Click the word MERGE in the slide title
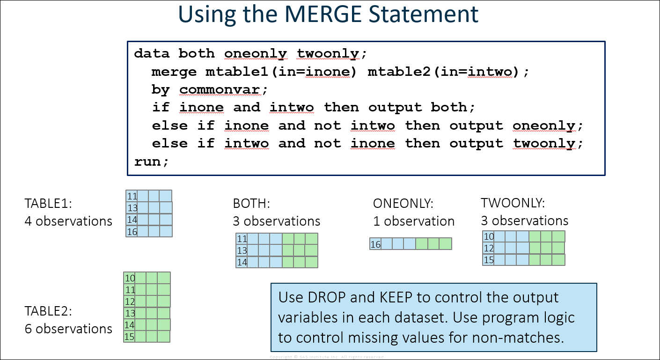pyautogui.click(x=323, y=14)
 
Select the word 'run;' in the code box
pyautogui.click(x=152, y=162)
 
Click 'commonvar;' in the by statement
pyautogui.click(x=223, y=90)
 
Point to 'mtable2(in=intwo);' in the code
pyautogui.click(x=448, y=72)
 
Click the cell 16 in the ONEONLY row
pyautogui.click(x=375, y=244)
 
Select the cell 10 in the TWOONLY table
pyautogui.click(x=489, y=236)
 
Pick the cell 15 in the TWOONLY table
pyautogui.click(x=489, y=260)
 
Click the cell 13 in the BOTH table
pyautogui.click(x=242, y=250)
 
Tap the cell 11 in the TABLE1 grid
pyautogui.click(x=132, y=196)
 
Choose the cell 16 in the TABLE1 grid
pyautogui.click(x=132, y=232)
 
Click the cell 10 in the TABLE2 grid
pyautogui.click(x=129, y=278)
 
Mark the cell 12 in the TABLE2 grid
pyautogui.click(x=129, y=301)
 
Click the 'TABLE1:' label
pyautogui.click(x=48, y=204)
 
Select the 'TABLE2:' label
pyautogui.click(x=48, y=311)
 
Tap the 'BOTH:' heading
pyautogui.click(x=251, y=204)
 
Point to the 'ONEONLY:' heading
pyautogui.click(x=403, y=204)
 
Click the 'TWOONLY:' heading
pyautogui.click(x=513, y=203)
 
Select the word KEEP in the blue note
pyautogui.click(x=396, y=297)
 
